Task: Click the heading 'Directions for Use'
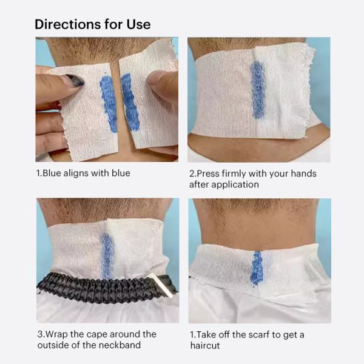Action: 93,24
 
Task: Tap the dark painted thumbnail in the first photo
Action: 75,80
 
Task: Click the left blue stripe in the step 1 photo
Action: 109,102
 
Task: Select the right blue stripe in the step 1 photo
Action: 130,102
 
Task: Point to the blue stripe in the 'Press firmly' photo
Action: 257,90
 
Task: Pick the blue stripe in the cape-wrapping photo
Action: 107,255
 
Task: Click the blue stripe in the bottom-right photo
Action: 257,268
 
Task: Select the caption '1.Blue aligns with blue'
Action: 83,173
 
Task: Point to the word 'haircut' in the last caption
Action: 205,345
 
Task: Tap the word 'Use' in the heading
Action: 138,24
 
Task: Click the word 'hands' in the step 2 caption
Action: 304,174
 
